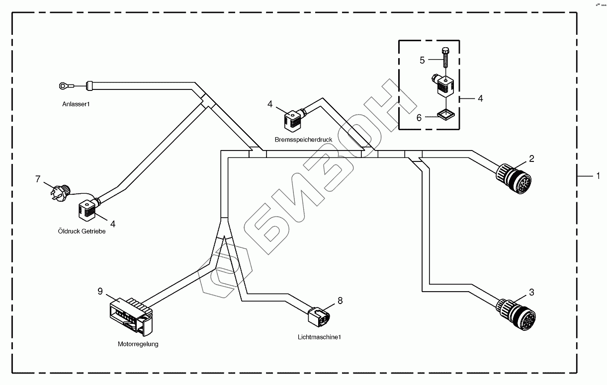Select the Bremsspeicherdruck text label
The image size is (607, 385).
303,140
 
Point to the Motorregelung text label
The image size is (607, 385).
138,344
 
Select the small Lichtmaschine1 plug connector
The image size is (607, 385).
318,315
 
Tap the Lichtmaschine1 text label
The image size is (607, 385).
319,337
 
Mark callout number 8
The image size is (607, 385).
340,300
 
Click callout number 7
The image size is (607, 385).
38,179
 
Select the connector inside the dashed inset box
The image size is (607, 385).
442,84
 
